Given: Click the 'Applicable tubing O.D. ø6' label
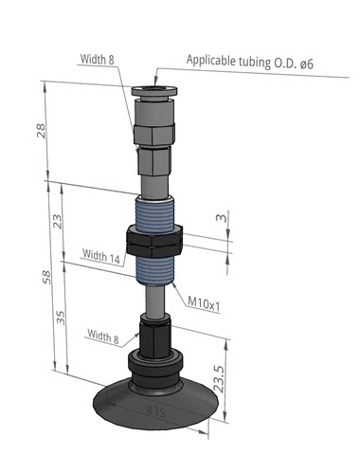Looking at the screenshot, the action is pos(250,62).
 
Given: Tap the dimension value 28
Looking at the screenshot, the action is pos(42,130).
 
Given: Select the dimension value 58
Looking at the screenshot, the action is pos(46,277).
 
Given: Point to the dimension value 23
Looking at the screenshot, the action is pos(58,221).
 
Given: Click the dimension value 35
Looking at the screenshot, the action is pos(61,318).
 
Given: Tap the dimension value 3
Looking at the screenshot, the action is pos(222,218).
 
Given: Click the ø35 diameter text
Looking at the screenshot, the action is pos(156,411).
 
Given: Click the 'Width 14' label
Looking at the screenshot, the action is pos(101,256).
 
